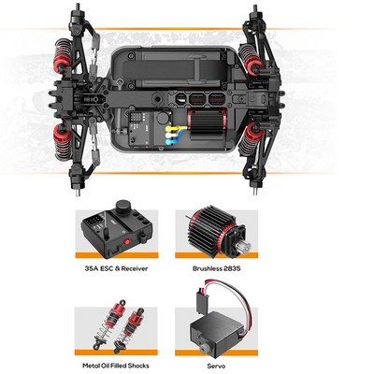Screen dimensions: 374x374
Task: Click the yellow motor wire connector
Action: pyautogui.click(x=169, y=128)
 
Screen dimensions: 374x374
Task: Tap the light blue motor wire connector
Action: pyautogui.click(x=169, y=142)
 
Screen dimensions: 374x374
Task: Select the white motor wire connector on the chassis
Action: pyautogui.click(x=169, y=136)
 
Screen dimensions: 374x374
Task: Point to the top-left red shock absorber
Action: pyautogui.click(x=64, y=56)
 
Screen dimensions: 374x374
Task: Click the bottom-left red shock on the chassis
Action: pyautogui.click(x=63, y=142)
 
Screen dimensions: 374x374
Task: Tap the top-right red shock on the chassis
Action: pyautogui.click(x=250, y=59)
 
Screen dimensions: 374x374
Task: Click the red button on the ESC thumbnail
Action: pyautogui.click(x=126, y=241)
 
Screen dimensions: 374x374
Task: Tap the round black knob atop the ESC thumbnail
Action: pyautogui.click(x=123, y=207)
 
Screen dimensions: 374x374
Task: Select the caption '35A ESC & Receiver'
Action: pyautogui.click(x=116, y=268)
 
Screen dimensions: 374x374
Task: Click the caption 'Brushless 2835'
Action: pyautogui.click(x=216, y=268)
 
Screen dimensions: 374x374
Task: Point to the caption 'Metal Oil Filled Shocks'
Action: pyautogui.click(x=116, y=366)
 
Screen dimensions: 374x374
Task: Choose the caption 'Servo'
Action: pyautogui.click(x=216, y=366)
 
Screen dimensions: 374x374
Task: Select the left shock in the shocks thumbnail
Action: pyautogui.click(x=109, y=325)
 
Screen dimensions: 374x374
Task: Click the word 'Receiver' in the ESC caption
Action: pyautogui.click(x=135, y=268)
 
